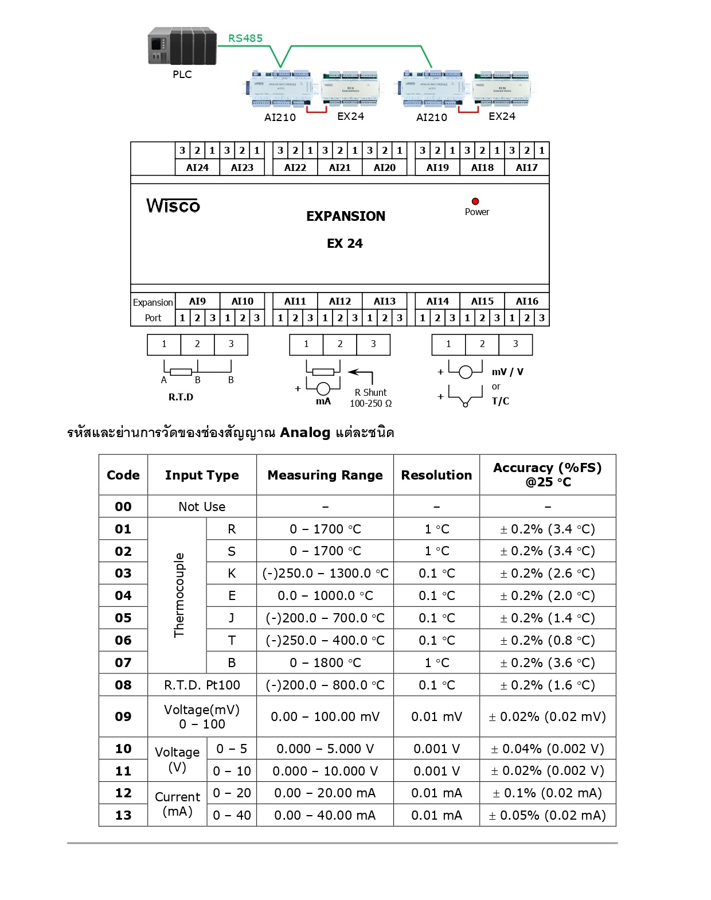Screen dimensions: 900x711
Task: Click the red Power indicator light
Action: coord(475,201)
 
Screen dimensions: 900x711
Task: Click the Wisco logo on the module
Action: coord(173,205)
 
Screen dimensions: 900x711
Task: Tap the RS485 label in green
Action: coord(245,38)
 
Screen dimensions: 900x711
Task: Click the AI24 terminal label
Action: coord(197,167)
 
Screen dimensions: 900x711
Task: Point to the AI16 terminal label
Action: coord(527,301)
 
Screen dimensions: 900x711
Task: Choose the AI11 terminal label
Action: coord(295,301)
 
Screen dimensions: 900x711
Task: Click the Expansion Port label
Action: coord(153,310)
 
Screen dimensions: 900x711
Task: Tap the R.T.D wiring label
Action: coord(181,397)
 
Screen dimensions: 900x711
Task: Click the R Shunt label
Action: coord(370,392)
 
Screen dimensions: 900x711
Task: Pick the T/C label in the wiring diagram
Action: coord(500,401)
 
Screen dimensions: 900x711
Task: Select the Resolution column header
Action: coord(436,475)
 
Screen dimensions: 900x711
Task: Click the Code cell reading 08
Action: coord(123,685)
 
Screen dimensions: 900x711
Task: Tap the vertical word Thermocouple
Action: coord(179,595)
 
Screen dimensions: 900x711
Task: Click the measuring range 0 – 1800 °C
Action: coord(325,663)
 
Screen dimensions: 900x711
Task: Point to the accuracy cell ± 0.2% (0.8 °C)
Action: coord(548,640)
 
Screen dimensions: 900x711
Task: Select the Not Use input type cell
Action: coord(202,507)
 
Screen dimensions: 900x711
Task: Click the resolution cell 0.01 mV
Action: coord(436,716)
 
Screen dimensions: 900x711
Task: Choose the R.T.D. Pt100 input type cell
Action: coord(202,685)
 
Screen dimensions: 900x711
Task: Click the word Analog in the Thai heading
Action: coord(305,433)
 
